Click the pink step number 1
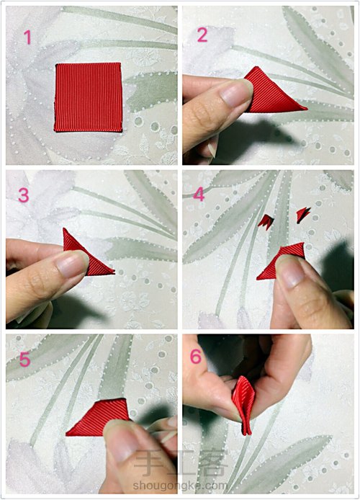[27, 37]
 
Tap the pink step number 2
[202, 35]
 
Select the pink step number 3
[24, 195]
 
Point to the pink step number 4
[199, 195]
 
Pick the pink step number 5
[25, 360]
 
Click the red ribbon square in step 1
[88, 97]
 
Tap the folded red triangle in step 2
[274, 92]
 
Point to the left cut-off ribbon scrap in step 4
[266, 222]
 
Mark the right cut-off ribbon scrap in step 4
[302, 215]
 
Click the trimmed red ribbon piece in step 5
[97, 419]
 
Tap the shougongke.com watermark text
[180, 486]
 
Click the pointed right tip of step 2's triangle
[307, 109]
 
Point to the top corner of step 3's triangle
[64, 228]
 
